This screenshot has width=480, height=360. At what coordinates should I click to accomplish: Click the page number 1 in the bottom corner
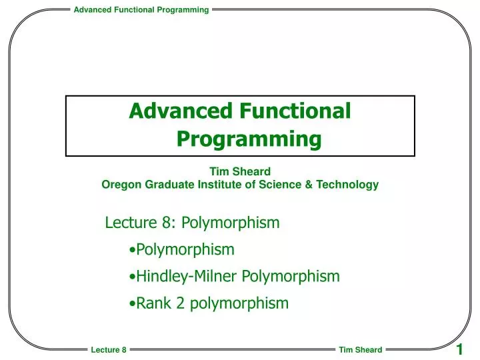pyautogui.click(x=459, y=350)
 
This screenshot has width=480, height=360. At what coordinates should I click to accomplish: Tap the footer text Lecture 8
pyautogui.click(x=109, y=350)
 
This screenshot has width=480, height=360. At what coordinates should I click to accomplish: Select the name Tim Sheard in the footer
pyautogui.click(x=360, y=350)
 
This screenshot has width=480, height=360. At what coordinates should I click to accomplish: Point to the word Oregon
pyautogui.click(x=119, y=185)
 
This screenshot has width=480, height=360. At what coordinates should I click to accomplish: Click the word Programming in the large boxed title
pyautogui.click(x=249, y=139)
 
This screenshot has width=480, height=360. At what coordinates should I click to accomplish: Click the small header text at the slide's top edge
pyautogui.click(x=141, y=9)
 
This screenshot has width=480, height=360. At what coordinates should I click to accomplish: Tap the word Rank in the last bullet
pyautogui.click(x=153, y=303)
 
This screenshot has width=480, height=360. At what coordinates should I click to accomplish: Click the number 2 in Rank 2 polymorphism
pyautogui.click(x=180, y=303)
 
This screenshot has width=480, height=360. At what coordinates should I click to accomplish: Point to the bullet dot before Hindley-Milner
pyautogui.click(x=133, y=277)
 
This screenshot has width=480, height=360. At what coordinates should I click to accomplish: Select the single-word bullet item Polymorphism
pyautogui.click(x=185, y=250)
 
